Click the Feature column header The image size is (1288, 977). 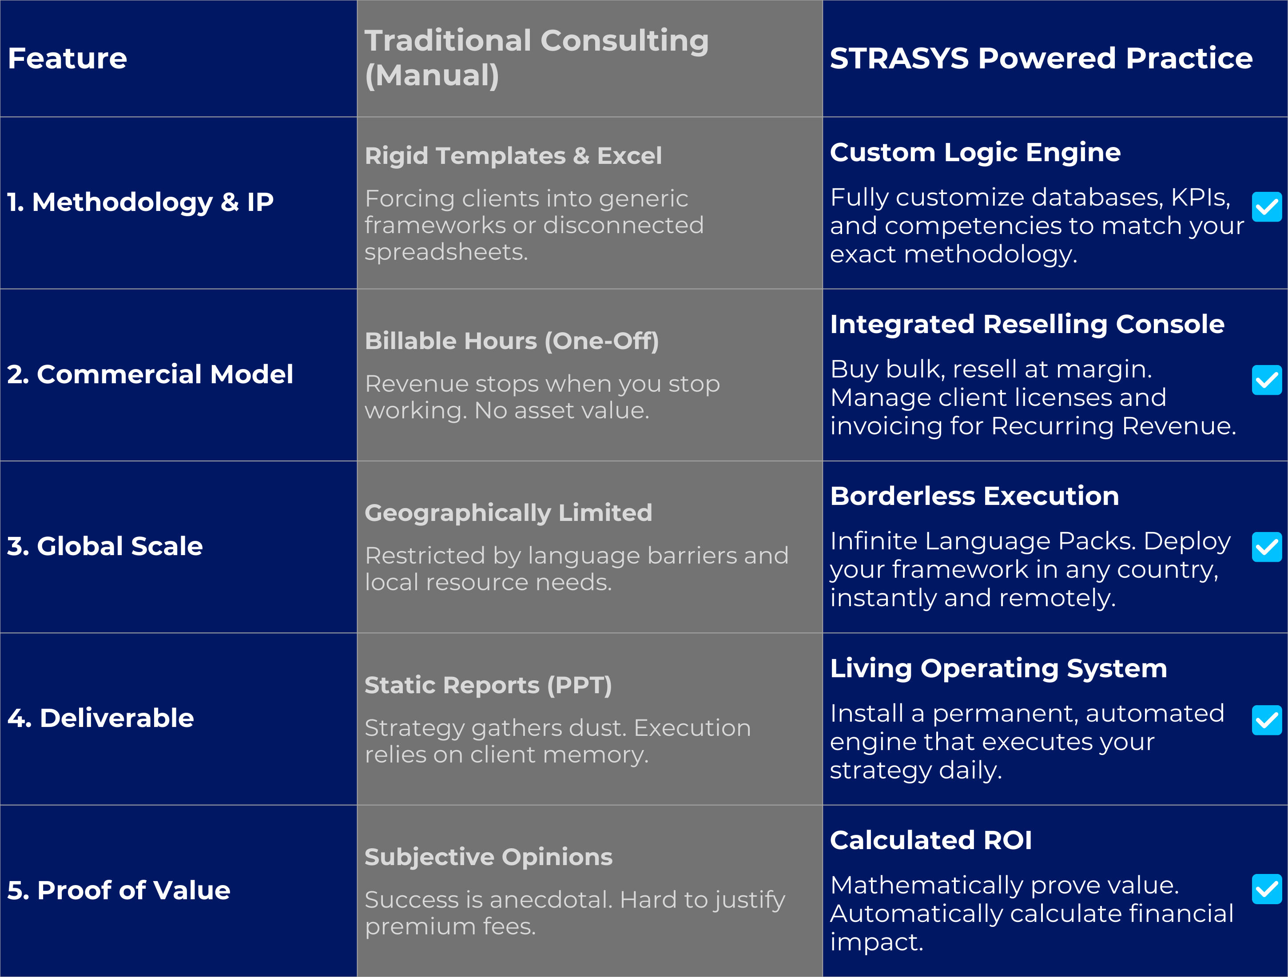point(68,58)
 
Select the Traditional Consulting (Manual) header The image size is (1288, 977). point(536,58)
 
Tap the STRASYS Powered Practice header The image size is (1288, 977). point(1041,58)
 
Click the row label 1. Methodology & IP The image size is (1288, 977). point(140,202)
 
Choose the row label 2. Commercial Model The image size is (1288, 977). point(150,374)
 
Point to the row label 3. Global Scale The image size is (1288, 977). point(105,546)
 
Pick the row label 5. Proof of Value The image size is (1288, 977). point(119,890)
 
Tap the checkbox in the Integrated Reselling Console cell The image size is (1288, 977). point(1266,380)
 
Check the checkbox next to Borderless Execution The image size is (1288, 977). point(1266,547)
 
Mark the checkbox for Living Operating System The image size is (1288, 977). point(1266,721)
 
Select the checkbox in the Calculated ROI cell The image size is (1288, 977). point(1266,889)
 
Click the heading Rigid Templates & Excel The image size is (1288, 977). point(513,155)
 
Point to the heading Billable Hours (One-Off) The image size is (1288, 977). point(511,341)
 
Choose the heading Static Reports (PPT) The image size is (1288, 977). point(488,685)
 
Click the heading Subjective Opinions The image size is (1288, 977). point(488,857)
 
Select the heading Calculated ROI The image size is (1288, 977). point(930,840)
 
